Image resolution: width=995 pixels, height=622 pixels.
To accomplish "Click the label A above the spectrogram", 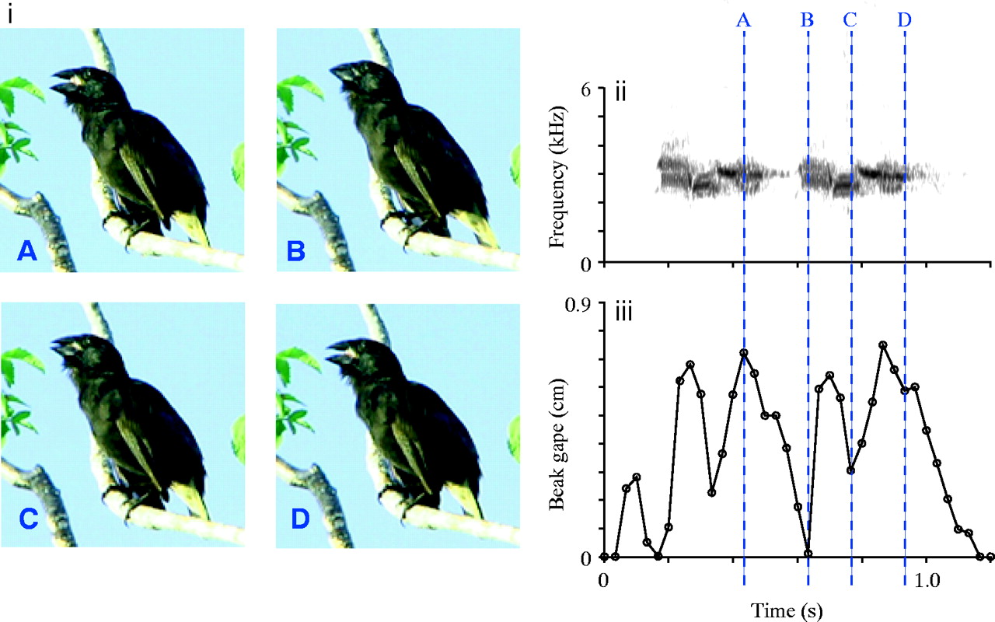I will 744,21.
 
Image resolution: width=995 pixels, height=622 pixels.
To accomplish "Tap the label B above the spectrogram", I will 807,21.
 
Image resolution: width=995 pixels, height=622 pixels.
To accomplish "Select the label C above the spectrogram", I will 850,21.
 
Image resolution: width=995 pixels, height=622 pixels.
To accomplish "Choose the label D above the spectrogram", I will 904,21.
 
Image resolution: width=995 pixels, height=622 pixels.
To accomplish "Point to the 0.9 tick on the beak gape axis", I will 579,302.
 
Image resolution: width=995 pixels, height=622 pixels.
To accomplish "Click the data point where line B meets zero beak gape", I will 808,554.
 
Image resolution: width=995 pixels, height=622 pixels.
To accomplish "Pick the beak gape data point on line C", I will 851,470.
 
